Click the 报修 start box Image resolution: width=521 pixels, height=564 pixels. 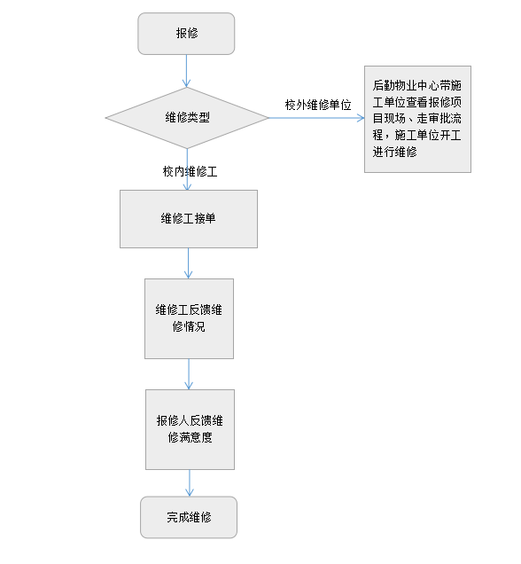pyautogui.click(x=186, y=34)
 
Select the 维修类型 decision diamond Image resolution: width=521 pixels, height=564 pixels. pyautogui.click(x=187, y=118)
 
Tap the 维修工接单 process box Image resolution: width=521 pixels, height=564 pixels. pyautogui.click(x=189, y=219)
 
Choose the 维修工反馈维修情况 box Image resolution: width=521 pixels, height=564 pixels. pyautogui.click(x=189, y=318)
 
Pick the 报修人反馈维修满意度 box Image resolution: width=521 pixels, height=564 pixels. pyautogui.click(x=190, y=429)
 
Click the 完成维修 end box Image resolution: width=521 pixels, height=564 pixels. pyautogui.click(x=189, y=517)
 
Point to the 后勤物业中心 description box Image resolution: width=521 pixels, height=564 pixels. pyautogui.click(x=417, y=119)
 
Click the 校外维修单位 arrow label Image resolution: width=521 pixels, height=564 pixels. pyautogui.click(x=318, y=105)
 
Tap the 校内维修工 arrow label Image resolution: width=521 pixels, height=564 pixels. pyautogui.click(x=191, y=171)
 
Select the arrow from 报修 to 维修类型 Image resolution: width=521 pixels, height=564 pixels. pyautogui.click(x=186, y=71)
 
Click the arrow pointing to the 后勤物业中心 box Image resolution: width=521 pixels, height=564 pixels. pyautogui.click(x=316, y=118)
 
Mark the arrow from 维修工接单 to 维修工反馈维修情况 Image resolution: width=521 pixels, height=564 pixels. pyautogui.click(x=188, y=263)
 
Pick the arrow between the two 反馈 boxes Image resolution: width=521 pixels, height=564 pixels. pyautogui.click(x=189, y=374)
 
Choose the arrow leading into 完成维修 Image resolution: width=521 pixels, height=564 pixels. pyautogui.click(x=190, y=483)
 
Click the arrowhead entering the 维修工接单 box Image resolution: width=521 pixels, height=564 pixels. pyautogui.click(x=187, y=187)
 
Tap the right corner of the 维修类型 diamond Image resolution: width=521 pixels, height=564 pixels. pyautogui.click(x=268, y=118)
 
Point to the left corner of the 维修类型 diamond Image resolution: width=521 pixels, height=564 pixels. pyautogui.click(x=105, y=118)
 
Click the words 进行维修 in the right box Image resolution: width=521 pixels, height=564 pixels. pyautogui.click(x=394, y=152)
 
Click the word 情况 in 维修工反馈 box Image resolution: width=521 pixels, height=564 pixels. pyautogui.click(x=194, y=326)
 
